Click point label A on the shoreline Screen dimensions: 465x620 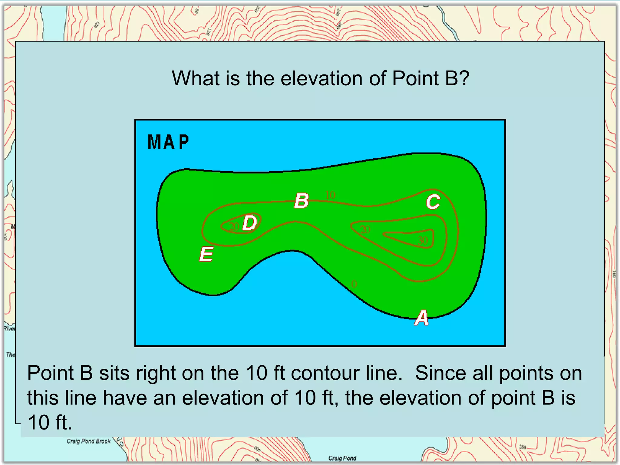421,318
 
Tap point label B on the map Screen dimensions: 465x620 302,201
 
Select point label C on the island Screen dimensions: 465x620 433,202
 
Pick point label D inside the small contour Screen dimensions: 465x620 250,223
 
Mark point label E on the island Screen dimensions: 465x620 206,254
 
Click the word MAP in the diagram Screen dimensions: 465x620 168,142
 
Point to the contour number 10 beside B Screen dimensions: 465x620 330,195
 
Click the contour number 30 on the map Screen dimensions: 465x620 423,241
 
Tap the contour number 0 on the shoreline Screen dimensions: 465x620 354,284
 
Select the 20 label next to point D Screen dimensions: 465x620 234,226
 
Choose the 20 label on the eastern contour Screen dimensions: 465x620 365,229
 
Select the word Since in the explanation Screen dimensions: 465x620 441,373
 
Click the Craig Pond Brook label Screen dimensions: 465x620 88,441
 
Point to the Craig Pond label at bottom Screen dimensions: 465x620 342,458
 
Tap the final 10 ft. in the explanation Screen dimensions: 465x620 50,423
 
